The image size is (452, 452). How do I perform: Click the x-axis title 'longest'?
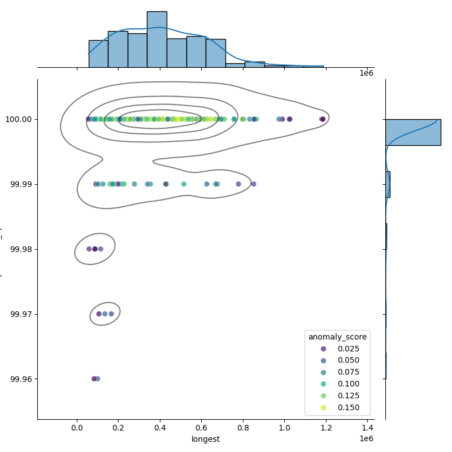pyautogui.click(x=206, y=439)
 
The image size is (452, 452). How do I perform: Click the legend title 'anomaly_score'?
pyautogui.click(x=337, y=337)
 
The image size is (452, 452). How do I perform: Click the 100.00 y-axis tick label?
pyautogui.click(x=19, y=119)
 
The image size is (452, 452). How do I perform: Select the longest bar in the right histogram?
pyautogui.click(x=412, y=132)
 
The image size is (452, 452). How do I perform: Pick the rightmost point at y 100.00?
pyautogui.click(x=323, y=119)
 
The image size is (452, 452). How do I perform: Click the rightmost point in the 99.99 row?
pyautogui.click(x=254, y=184)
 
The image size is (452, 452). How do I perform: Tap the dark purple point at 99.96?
pyautogui.click(x=94, y=379)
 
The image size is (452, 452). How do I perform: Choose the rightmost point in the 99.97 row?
pyautogui.click(x=111, y=314)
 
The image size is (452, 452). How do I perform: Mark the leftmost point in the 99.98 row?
pyautogui.click(x=89, y=249)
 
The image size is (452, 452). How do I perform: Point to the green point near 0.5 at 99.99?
pyautogui.click(x=184, y=184)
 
